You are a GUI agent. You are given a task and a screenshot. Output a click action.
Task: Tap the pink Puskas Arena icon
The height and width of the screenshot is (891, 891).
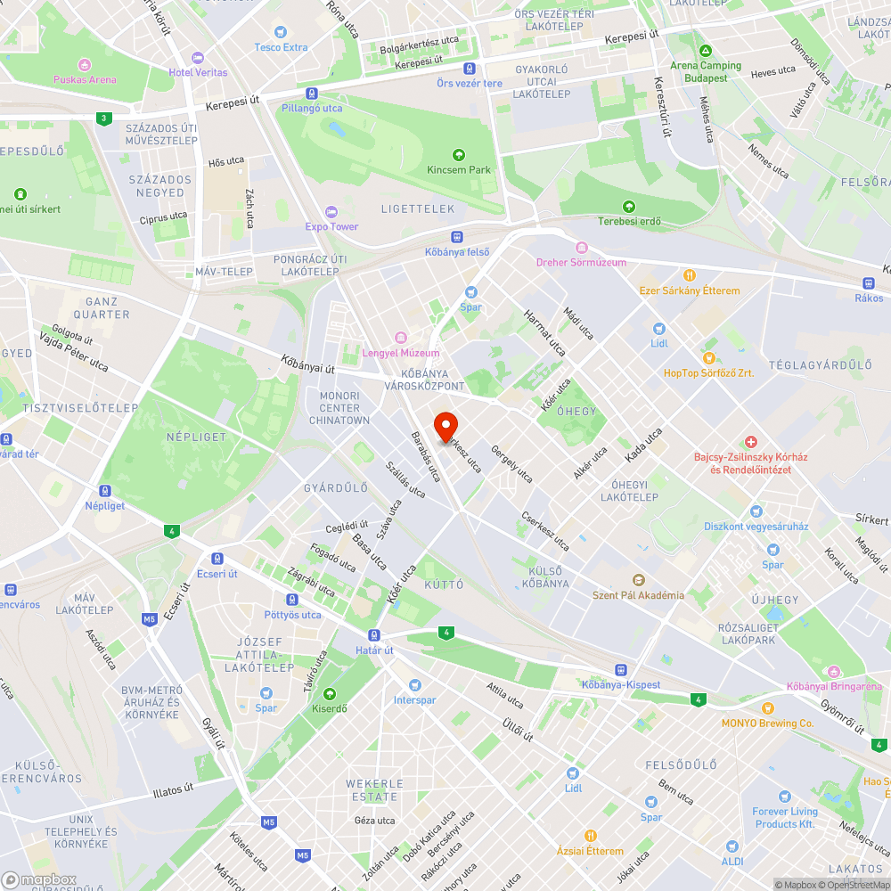85,65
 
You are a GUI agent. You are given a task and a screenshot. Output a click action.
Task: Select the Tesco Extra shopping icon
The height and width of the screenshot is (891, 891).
281,33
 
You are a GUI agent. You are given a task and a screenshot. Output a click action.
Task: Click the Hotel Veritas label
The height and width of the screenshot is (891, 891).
198,72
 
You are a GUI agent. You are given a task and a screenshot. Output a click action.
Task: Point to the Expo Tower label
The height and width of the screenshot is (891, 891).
331,226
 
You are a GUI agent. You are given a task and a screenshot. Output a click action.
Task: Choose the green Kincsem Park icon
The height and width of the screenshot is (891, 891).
459,155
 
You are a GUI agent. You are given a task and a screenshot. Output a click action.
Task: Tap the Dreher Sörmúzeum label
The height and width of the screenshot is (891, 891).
581,262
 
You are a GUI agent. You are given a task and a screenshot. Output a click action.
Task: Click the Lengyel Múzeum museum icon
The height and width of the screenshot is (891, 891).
400,338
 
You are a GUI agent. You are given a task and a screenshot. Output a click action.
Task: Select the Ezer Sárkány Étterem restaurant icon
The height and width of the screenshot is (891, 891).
689,275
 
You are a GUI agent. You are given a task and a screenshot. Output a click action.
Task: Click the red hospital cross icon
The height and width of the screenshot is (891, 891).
751,442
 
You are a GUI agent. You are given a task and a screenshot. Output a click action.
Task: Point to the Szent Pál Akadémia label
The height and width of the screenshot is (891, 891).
638,595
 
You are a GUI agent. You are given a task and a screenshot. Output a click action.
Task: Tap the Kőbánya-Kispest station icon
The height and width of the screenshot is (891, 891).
620,669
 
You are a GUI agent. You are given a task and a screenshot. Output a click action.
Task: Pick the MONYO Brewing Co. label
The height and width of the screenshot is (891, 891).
767,723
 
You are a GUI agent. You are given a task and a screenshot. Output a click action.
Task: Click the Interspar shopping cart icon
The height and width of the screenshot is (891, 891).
414,684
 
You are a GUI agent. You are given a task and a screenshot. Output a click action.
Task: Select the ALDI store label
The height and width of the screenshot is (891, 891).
732,862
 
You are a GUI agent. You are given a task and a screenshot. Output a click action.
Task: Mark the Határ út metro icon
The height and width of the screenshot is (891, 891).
374,635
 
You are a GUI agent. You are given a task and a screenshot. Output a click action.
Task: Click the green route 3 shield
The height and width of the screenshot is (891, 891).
105,118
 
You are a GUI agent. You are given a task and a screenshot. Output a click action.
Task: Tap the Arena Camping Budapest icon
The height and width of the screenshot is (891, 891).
706,51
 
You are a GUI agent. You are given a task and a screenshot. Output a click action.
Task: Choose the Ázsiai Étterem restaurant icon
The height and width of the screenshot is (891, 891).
590,836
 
